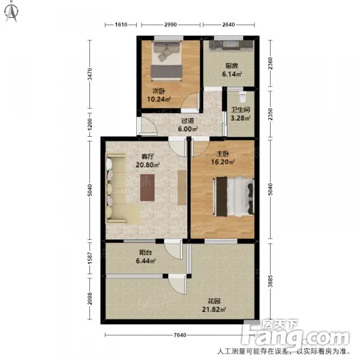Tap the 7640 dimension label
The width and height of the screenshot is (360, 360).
[180, 335]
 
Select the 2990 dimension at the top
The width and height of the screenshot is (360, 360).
[170, 25]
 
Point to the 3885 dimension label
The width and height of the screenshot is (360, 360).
[271, 281]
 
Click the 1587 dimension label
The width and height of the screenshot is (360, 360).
[90, 258]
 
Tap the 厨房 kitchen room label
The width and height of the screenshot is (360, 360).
[232, 66]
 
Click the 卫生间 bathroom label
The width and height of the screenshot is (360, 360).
[241, 110]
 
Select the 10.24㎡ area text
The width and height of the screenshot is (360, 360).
[158, 100]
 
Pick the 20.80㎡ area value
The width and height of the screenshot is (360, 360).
[148, 165]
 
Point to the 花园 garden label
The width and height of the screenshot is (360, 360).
[214, 301]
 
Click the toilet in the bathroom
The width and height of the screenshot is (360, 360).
[242, 97]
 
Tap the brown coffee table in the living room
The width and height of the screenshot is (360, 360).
[148, 188]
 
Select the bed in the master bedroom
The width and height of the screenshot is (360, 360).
[234, 196]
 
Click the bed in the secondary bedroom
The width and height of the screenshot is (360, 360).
[167, 61]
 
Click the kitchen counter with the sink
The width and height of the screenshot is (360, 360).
[231, 45]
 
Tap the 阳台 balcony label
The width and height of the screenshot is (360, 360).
[146, 253]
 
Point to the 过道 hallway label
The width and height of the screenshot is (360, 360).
[188, 121]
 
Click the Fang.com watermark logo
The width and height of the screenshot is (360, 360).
[295, 334]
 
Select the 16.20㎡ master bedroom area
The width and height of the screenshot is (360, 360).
[223, 162]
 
